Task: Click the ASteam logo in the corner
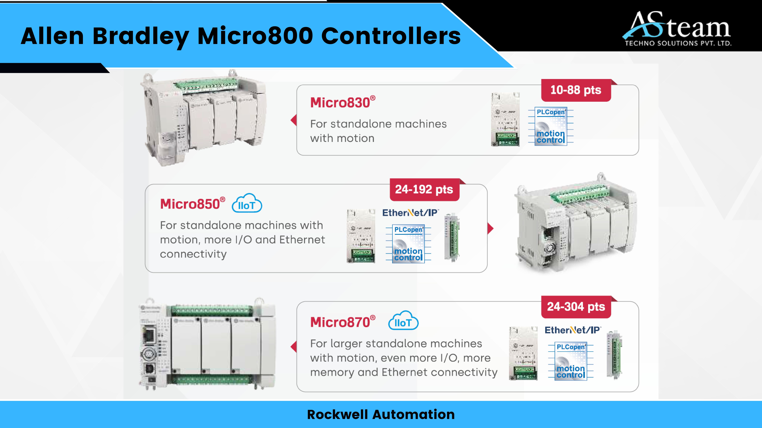(677, 28)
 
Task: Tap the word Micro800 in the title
(255, 36)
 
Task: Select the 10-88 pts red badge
(576, 90)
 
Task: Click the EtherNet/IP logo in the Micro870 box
(572, 330)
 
